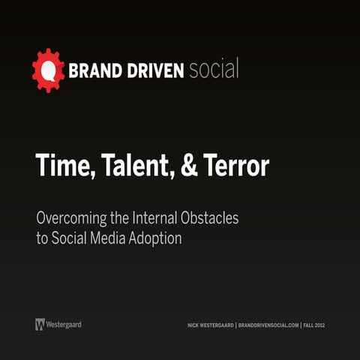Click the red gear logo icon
pyautogui.click(x=48, y=70)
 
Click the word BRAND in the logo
pyautogui.click(x=93, y=71)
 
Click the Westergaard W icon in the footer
pyautogui.click(x=40, y=325)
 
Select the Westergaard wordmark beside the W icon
pyautogui.click(x=64, y=325)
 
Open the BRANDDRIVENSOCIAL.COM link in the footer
pyautogui.click(x=268, y=325)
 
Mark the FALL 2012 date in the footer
pyautogui.click(x=314, y=325)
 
